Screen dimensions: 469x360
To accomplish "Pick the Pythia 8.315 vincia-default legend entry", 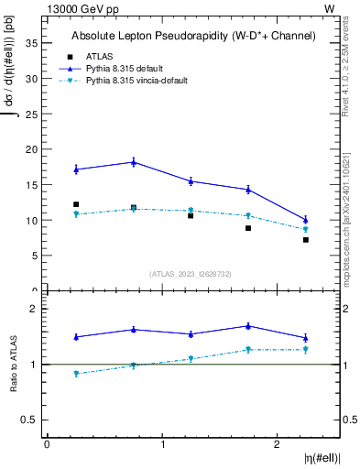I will [x=137, y=81].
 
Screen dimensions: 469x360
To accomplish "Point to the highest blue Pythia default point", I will [x=134, y=162].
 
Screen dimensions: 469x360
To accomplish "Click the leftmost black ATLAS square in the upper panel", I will [x=76, y=204].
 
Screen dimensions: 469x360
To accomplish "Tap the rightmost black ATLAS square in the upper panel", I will [x=306, y=240].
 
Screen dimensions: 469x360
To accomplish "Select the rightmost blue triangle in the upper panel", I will [x=306, y=220].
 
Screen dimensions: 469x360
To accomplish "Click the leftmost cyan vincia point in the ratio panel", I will [x=76, y=374].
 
